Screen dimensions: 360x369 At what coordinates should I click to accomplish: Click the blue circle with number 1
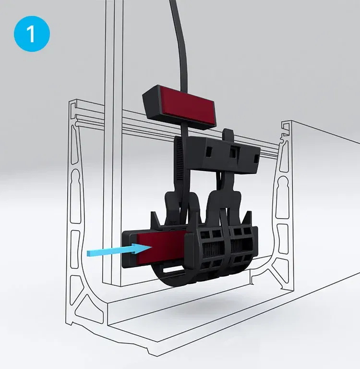(x=32, y=34)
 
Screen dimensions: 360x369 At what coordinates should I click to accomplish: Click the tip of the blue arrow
(x=151, y=247)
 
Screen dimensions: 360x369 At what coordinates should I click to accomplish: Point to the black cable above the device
(x=180, y=47)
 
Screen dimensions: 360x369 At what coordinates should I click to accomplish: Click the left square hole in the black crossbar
(x=208, y=153)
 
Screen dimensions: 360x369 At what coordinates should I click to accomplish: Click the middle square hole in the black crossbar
(x=233, y=152)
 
